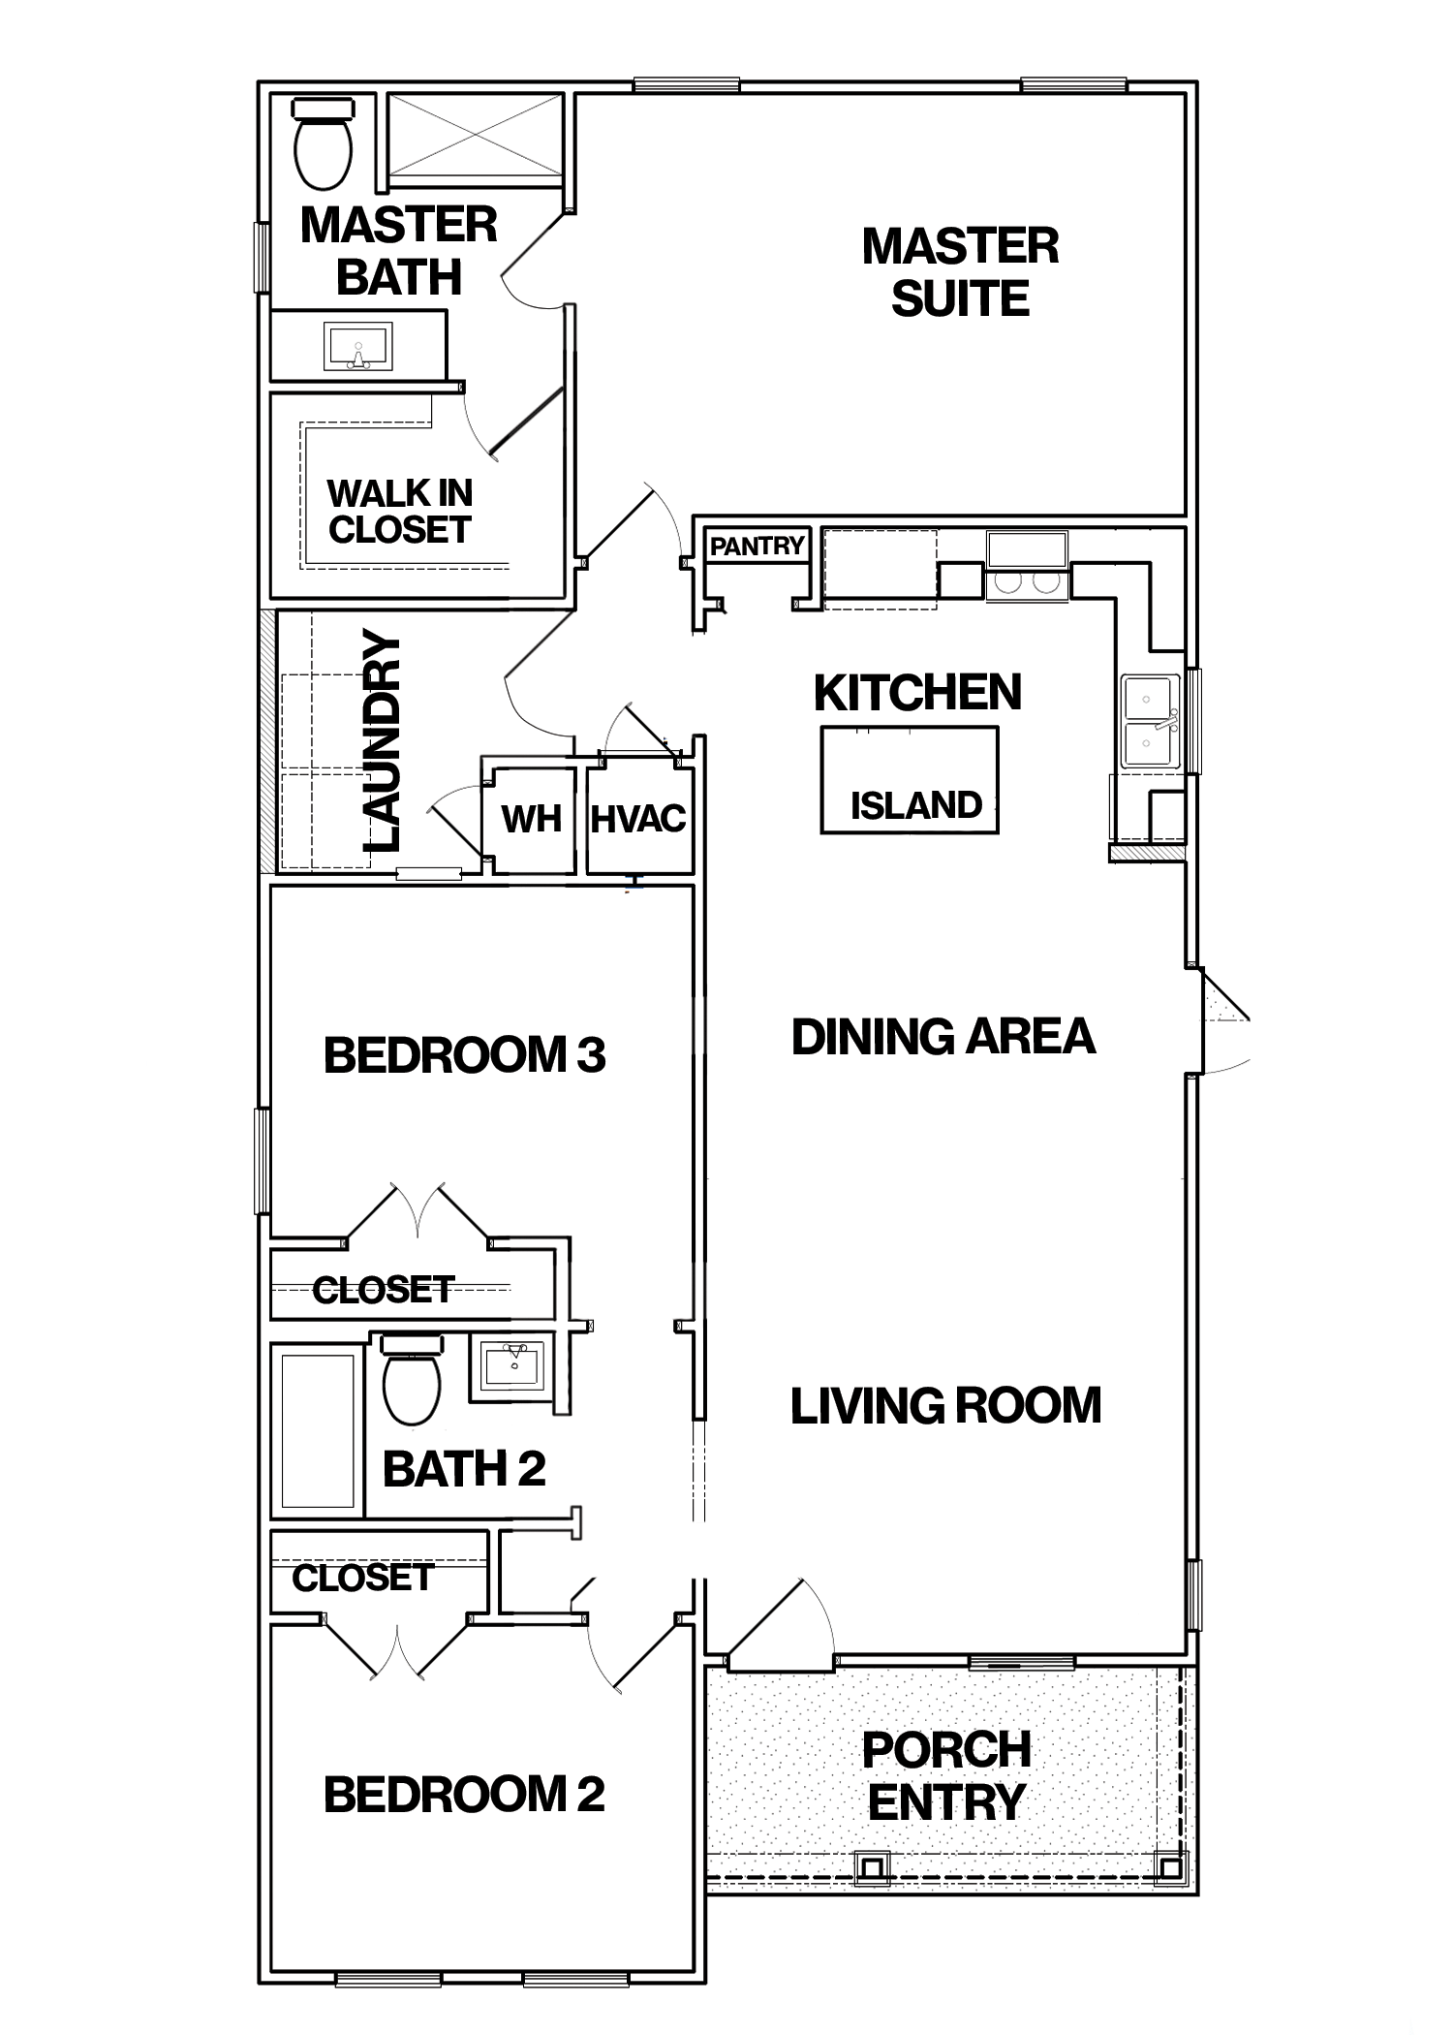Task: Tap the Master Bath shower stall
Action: click(475, 137)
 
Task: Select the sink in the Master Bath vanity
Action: click(358, 347)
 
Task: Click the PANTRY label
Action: click(757, 547)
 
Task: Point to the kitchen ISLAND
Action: click(910, 780)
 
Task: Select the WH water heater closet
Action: click(531, 820)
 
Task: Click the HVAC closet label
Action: click(638, 820)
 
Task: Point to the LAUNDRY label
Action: click(383, 741)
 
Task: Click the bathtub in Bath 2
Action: click(317, 1429)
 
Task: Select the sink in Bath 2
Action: click(511, 1366)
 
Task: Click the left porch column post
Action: click(873, 1864)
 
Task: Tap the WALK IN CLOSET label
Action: click(400, 512)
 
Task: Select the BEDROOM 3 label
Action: click(465, 1055)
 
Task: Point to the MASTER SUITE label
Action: click(960, 272)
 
